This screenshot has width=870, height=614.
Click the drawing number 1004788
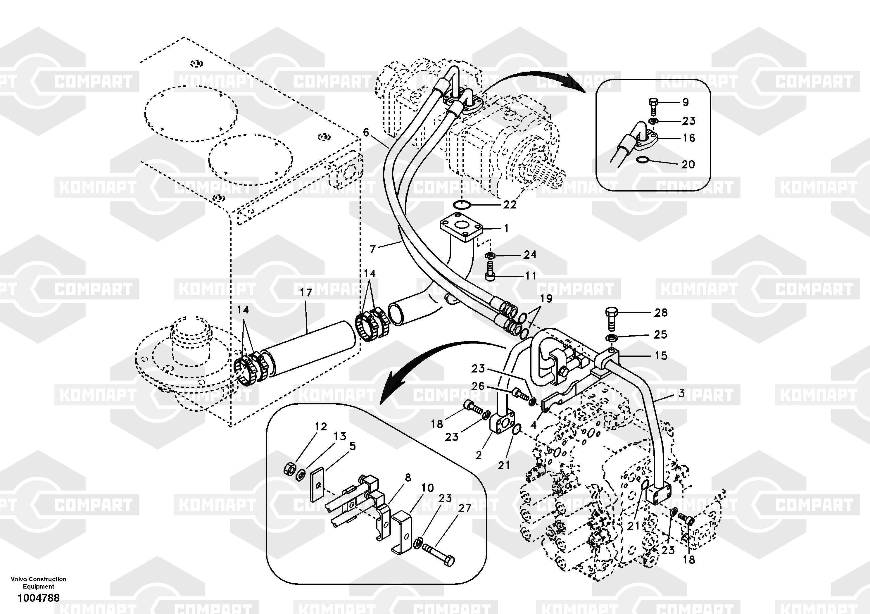point(39,598)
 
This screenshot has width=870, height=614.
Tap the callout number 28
point(661,313)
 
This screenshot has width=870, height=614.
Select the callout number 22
point(510,205)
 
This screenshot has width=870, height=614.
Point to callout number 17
point(306,293)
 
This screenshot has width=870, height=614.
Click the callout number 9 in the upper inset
point(685,102)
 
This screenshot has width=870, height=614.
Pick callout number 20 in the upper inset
point(688,165)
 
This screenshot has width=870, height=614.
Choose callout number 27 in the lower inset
point(465,508)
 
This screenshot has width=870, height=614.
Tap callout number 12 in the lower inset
point(321,427)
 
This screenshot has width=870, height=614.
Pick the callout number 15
point(661,356)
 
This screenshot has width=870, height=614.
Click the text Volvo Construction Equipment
point(39,582)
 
